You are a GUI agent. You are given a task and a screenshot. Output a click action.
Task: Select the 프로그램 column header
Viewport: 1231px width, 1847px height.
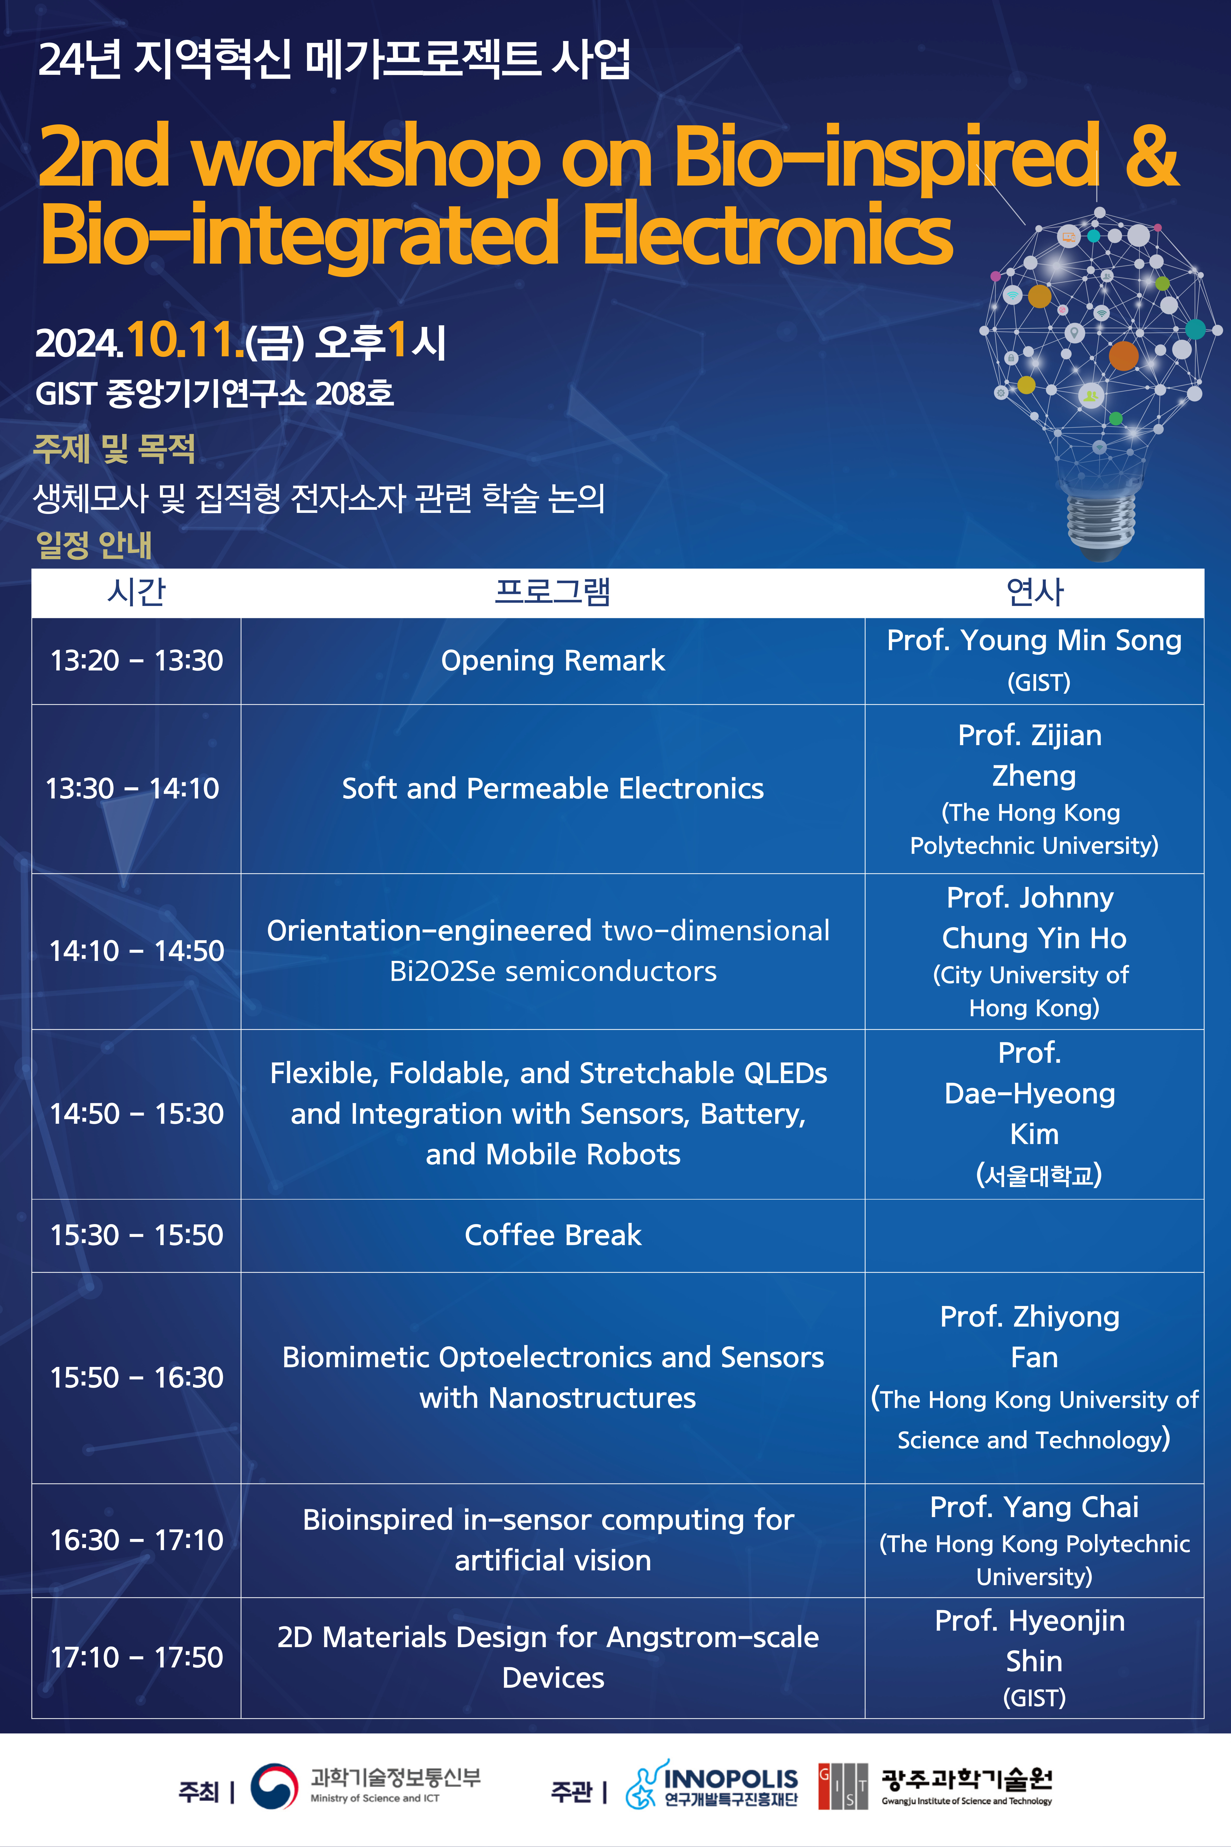tap(553, 592)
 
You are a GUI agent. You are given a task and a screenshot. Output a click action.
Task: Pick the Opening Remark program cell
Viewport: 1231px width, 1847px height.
tap(553, 661)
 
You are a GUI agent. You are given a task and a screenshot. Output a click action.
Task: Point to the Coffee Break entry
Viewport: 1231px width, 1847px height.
tap(553, 1235)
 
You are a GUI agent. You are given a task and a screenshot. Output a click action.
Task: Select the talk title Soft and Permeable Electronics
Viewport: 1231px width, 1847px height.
tap(553, 788)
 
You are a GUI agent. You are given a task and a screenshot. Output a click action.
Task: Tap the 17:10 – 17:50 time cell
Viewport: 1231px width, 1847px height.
tap(137, 1657)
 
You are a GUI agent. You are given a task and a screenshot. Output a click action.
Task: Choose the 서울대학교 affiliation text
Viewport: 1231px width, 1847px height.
tap(1039, 1175)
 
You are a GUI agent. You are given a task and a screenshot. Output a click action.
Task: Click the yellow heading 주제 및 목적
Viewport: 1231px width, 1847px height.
tap(114, 449)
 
